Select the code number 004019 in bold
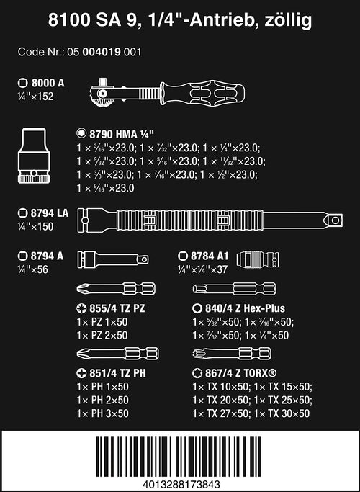pyautogui.click(x=102, y=52)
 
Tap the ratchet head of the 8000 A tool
pyautogui.click(x=102, y=94)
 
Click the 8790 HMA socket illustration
pyautogui.click(x=34, y=156)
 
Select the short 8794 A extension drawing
pyautogui.click(x=113, y=259)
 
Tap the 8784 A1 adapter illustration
pyautogui.click(x=258, y=259)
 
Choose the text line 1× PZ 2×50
pyautogui.click(x=102, y=335)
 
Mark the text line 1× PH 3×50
pyautogui.click(x=102, y=413)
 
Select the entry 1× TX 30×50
pyautogui.click(x=282, y=413)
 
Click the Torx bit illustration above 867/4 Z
pyautogui.click(x=232, y=354)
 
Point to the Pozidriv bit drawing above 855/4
pyautogui.click(x=116, y=289)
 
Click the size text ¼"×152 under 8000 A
pyautogui.click(x=35, y=97)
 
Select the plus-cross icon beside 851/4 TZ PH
pyautogui.click(x=81, y=373)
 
